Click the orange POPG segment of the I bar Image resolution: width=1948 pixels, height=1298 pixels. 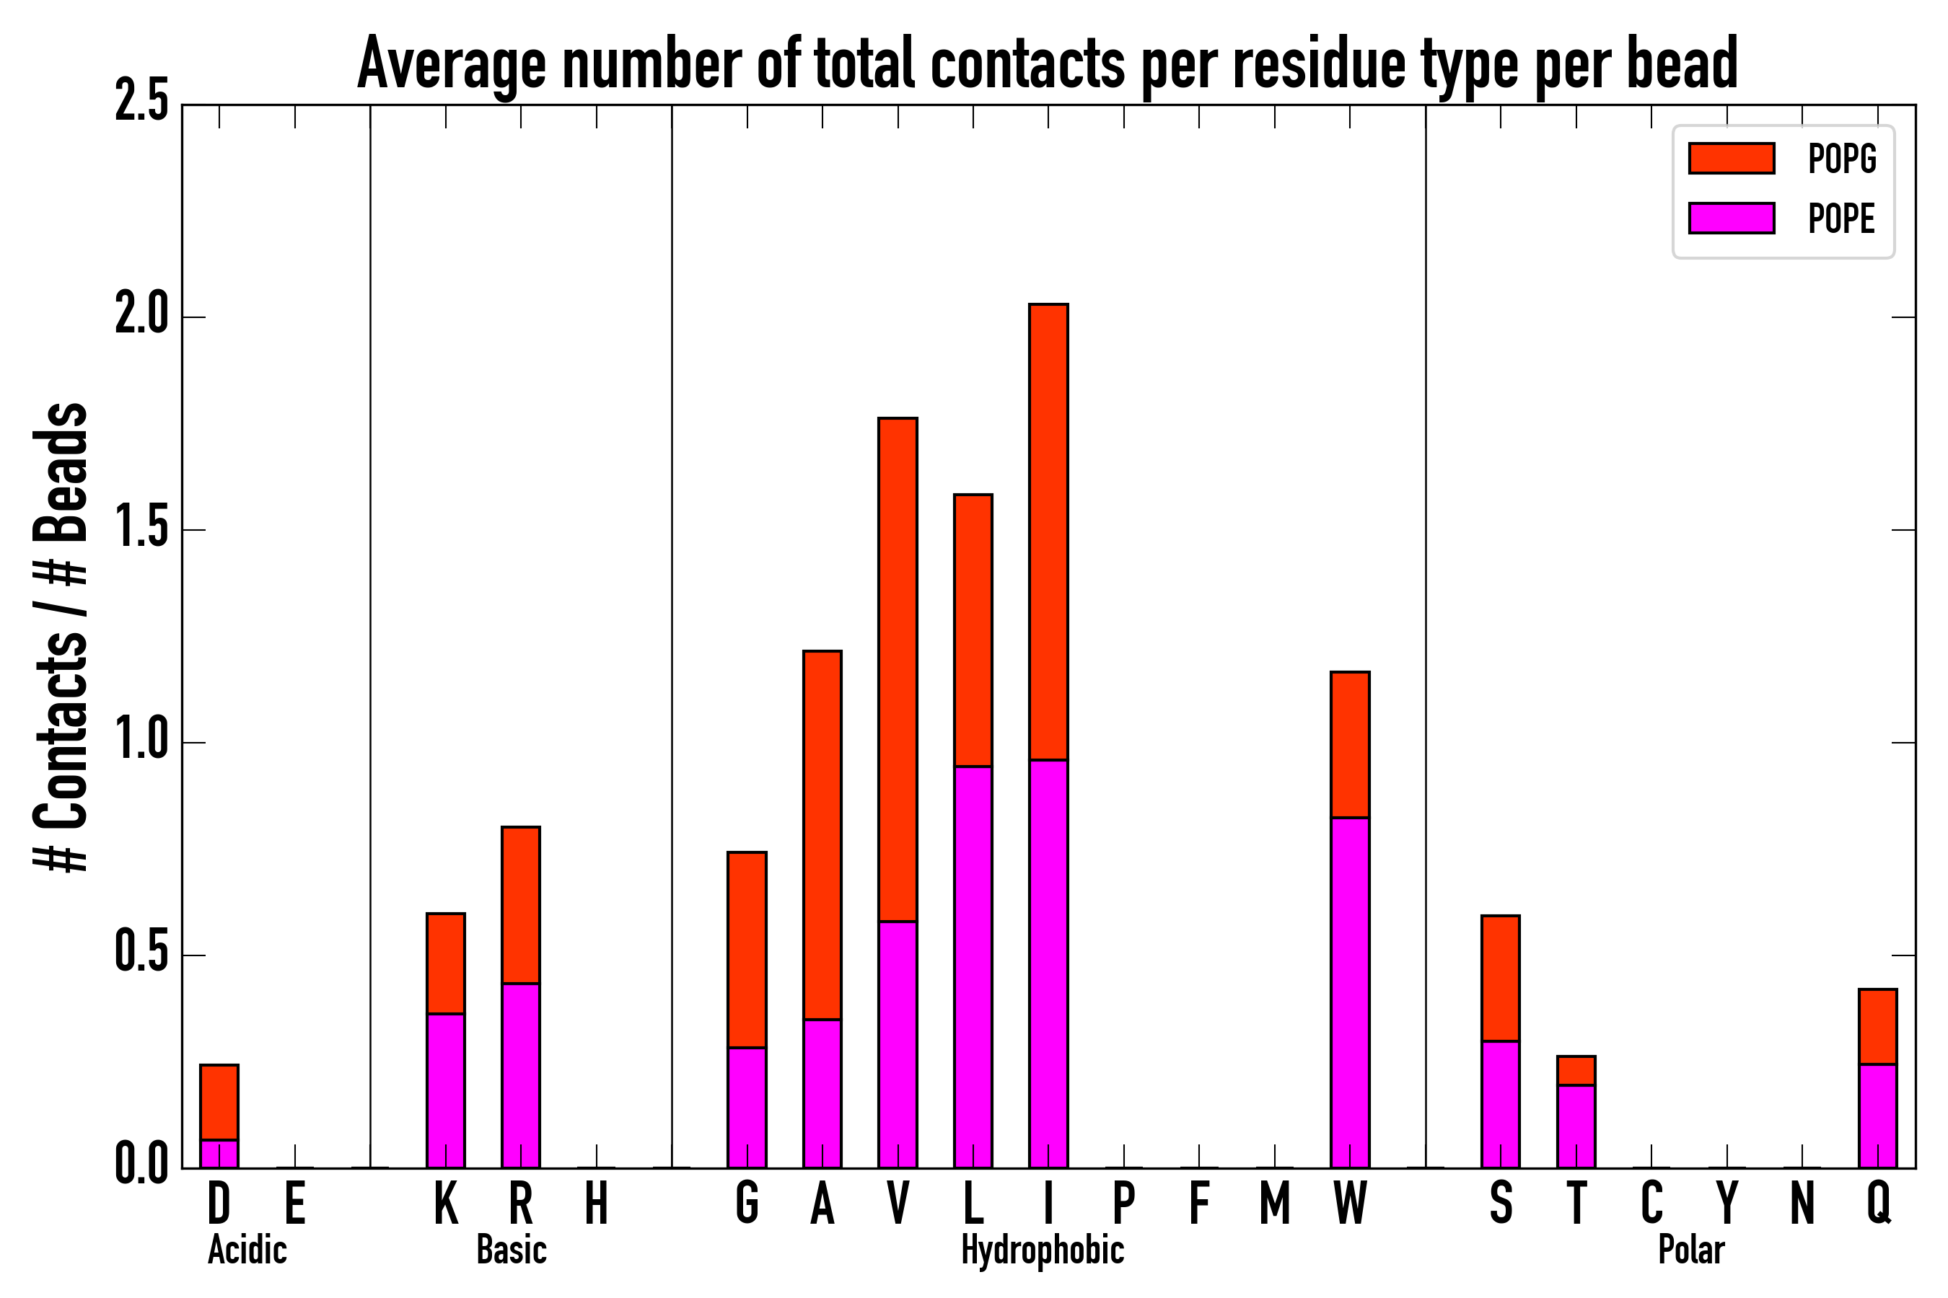coord(1048,531)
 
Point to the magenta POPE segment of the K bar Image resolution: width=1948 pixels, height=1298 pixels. coord(446,1090)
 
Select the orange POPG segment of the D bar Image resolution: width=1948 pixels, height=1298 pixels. coord(219,1102)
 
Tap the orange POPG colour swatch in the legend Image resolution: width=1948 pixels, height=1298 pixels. coord(1731,158)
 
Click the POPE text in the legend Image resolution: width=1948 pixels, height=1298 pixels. coord(1841,218)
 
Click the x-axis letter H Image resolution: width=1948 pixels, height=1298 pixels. coord(597,1204)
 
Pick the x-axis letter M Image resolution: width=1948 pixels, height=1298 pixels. coord(1275,1204)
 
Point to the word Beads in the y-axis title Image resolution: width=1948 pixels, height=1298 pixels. coord(61,472)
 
